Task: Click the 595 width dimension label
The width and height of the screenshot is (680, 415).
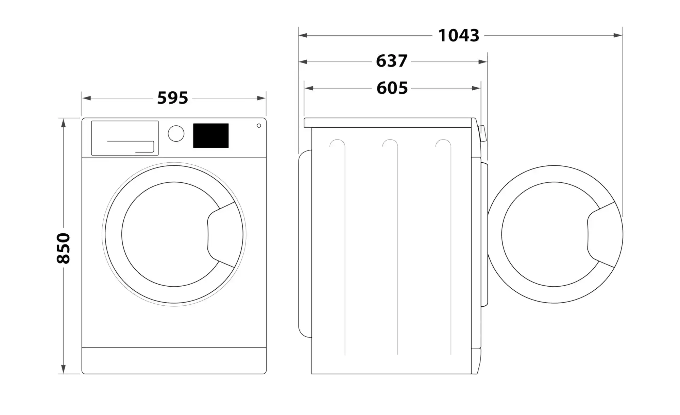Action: pos(172,98)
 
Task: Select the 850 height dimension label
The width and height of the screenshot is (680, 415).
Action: pos(63,248)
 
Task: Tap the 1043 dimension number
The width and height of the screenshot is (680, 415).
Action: pos(459,35)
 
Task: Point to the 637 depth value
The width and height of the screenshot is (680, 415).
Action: pos(392,61)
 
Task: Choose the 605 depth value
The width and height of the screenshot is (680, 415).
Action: pos(392,88)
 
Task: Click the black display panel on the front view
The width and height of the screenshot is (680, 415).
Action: pos(211,136)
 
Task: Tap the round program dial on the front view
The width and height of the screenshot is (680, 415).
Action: pos(176,133)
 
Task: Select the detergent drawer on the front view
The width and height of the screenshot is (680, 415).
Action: pos(125,138)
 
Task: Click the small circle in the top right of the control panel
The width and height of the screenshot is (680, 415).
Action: pos(259,126)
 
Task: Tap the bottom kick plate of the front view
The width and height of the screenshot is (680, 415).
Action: pos(174,361)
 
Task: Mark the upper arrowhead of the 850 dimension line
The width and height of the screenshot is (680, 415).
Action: pos(63,123)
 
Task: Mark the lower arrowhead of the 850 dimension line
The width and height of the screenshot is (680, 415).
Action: pos(63,369)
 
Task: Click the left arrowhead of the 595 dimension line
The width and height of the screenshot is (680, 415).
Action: pos(86,98)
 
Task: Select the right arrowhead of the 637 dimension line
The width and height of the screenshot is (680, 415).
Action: pos(483,62)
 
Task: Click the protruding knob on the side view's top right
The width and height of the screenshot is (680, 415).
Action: pos(482,133)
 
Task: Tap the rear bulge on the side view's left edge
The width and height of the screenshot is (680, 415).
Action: pos(305,244)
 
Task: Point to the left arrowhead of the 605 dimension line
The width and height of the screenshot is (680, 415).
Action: pos(309,88)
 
